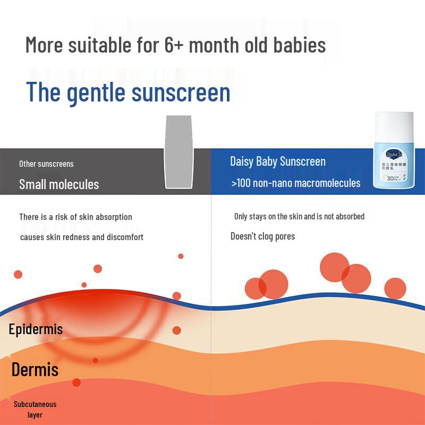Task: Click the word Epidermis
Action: [36, 329]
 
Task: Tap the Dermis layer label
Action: [35, 369]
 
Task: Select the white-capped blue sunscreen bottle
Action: [395, 151]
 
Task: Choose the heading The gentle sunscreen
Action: [128, 92]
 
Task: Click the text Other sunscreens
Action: [46, 164]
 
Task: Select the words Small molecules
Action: [59, 184]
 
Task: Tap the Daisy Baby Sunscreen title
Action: [278, 161]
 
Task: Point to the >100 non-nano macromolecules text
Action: [296, 183]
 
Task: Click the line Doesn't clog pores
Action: [262, 236]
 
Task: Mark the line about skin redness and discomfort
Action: [82, 237]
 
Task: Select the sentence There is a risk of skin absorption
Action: [75, 217]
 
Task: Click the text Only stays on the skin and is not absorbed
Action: [299, 216]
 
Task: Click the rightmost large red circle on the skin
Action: [395, 288]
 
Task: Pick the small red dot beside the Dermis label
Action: [95, 360]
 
